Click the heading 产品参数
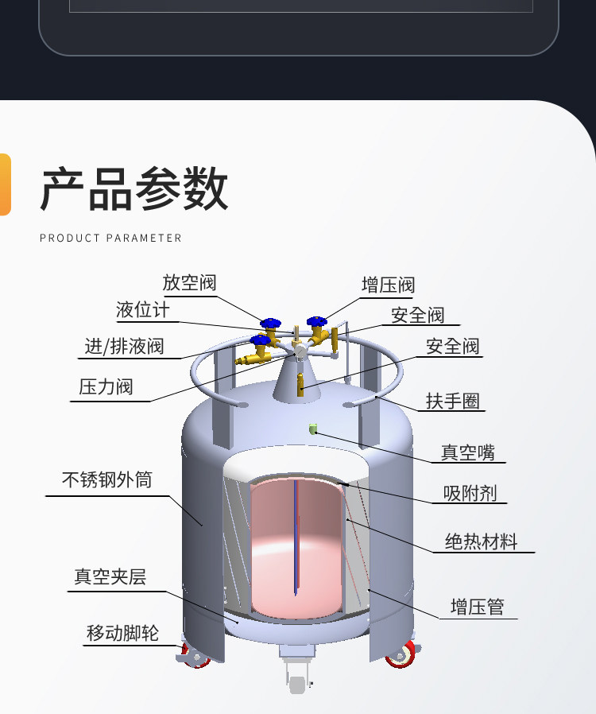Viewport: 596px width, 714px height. pyautogui.click(x=134, y=188)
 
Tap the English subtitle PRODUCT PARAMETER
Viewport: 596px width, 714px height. pyautogui.click(x=110, y=239)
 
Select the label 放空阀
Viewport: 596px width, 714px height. pyautogui.click(x=189, y=283)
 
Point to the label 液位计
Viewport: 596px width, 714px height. pyautogui.click(x=143, y=310)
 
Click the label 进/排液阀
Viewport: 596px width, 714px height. pyautogui.click(x=124, y=347)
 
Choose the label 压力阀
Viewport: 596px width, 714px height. pyautogui.click(x=106, y=387)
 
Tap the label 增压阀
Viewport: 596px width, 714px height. pyautogui.click(x=388, y=285)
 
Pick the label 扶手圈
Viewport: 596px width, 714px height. pyautogui.click(x=453, y=402)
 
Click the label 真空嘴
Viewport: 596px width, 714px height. pyautogui.click(x=468, y=452)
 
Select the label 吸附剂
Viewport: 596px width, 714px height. pyautogui.click(x=470, y=493)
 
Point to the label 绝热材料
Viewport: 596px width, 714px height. pyautogui.click(x=482, y=542)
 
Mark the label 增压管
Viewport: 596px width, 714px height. pyautogui.click(x=478, y=607)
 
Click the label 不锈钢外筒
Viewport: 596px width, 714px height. pyautogui.click(x=107, y=480)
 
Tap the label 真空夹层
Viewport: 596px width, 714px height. pyautogui.click(x=110, y=577)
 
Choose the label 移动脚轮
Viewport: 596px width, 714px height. pyautogui.click(x=122, y=634)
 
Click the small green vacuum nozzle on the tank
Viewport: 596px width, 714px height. pyautogui.click(x=312, y=429)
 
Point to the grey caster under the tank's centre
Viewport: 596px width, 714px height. pyautogui.click(x=297, y=678)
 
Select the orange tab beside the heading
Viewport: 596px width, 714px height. pyautogui.click(x=5, y=184)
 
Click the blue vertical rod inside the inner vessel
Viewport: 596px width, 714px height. pyautogui.click(x=296, y=537)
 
